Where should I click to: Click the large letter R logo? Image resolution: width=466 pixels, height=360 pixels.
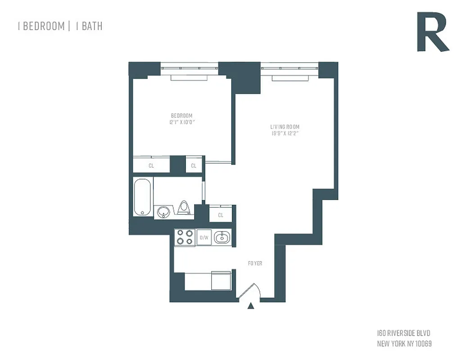(x=432, y=32)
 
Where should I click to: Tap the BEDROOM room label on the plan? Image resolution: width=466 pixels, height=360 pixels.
(x=181, y=116)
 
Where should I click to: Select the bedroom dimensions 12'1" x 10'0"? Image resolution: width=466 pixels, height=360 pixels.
(x=181, y=122)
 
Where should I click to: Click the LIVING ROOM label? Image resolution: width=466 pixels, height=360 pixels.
(x=285, y=127)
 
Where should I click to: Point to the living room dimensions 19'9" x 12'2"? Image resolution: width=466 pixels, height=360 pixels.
(x=285, y=133)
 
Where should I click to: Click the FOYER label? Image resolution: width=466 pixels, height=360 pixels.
(x=255, y=263)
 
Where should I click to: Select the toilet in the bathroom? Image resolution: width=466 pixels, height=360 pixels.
(x=184, y=207)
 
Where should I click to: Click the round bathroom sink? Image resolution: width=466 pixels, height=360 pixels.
(x=163, y=211)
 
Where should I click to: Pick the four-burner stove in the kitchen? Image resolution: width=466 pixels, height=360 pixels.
(x=185, y=237)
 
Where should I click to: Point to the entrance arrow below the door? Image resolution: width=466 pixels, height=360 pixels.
(x=251, y=306)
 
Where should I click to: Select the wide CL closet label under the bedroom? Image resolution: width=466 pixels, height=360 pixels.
(x=151, y=166)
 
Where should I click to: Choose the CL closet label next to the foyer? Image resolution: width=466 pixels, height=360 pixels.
(x=221, y=215)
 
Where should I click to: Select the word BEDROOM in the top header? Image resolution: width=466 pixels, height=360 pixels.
(x=43, y=26)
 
